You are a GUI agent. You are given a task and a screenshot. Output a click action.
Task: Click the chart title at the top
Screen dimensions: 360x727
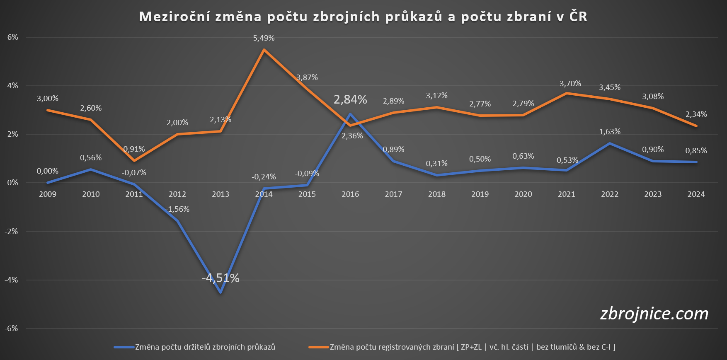point(363,17)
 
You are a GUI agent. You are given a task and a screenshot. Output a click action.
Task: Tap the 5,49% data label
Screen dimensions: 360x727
point(264,38)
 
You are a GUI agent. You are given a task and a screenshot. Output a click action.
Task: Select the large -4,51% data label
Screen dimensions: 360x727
point(221,278)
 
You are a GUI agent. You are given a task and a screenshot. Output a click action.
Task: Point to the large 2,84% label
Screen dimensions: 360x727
point(350,99)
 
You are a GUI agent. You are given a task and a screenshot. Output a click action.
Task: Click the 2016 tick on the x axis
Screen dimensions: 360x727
point(350,194)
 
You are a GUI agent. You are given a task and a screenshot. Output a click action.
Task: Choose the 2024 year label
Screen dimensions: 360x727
point(696,194)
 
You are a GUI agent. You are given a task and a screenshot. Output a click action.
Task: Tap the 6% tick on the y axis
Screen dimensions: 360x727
point(13,37)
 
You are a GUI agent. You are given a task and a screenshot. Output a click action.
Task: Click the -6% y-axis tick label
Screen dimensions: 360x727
point(12,329)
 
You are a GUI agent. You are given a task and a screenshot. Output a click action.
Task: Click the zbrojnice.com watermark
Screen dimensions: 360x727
point(654,314)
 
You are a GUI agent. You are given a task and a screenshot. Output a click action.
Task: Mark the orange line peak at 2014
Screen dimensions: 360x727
point(264,50)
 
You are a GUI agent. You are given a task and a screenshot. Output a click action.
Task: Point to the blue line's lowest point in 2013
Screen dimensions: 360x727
point(221,292)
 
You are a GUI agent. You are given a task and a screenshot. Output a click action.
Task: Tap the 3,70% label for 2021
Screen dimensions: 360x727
point(570,84)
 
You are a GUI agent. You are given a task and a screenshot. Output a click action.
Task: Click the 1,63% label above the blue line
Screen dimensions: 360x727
point(610,132)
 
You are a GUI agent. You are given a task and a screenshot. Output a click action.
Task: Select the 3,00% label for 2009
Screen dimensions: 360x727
point(48,99)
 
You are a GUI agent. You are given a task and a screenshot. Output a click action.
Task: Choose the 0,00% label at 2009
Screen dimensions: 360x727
point(48,171)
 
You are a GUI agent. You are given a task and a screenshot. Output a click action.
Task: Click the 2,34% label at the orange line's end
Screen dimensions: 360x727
point(696,114)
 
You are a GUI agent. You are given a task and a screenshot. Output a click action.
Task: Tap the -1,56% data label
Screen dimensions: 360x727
point(177,209)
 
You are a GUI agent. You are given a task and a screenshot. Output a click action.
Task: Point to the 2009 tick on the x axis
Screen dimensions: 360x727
point(48,194)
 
